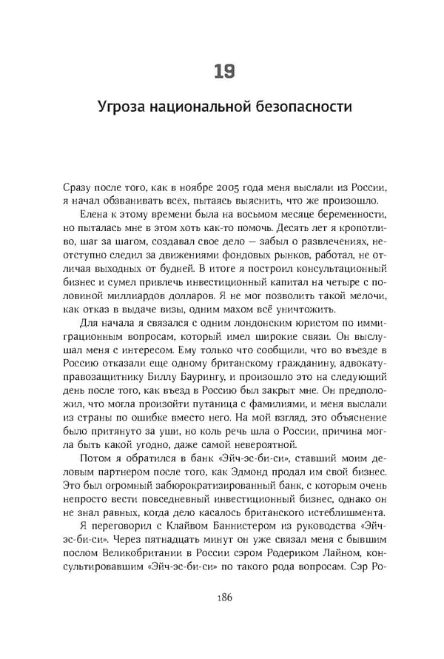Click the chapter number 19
pos(223,71)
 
